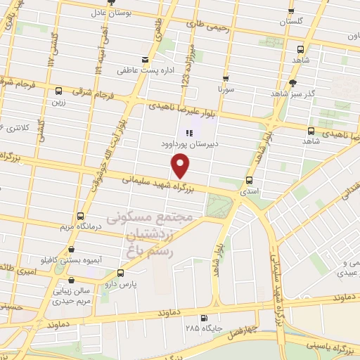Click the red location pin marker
(x=181, y=166)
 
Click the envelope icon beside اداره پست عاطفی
(x=145, y=59)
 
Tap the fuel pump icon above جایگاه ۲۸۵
(x=204, y=317)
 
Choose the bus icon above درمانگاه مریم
(x=80, y=216)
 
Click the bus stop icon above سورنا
(x=226, y=79)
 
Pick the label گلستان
(x=292, y=22)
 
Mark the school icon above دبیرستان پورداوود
(x=188, y=132)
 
